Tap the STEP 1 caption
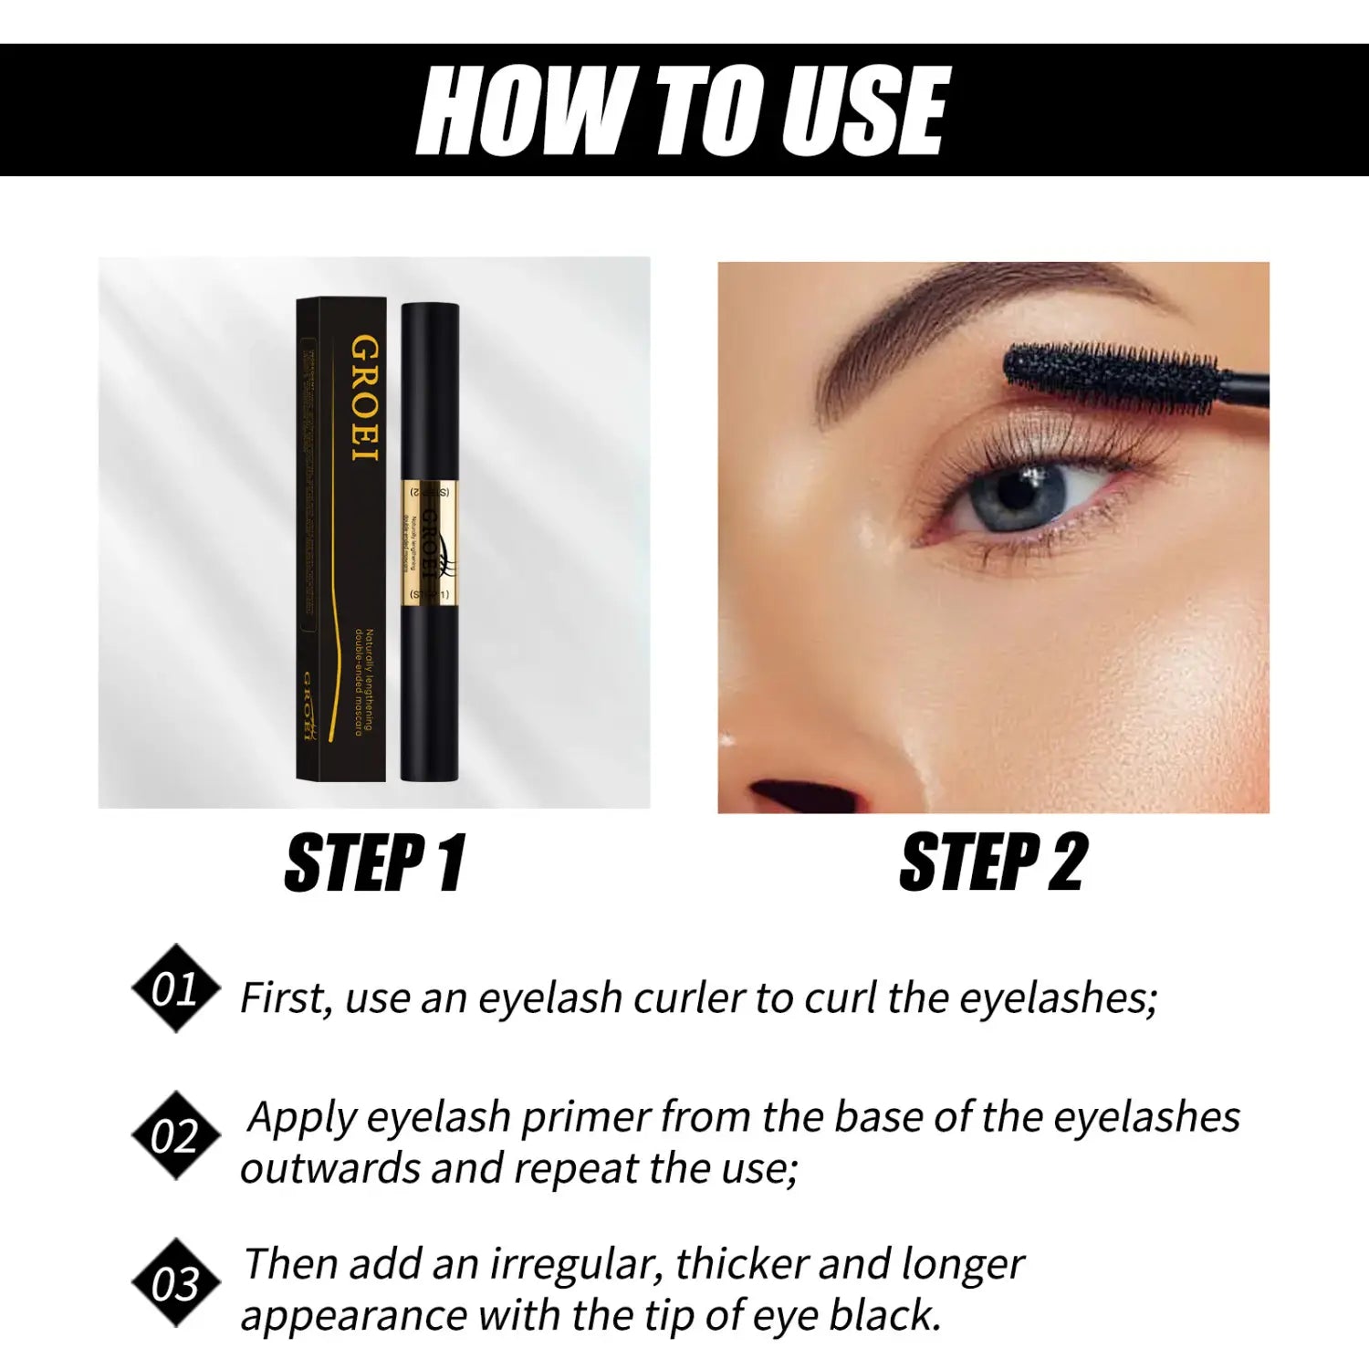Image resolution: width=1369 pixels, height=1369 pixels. (x=375, y=862)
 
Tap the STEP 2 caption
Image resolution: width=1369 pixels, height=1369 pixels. (x=993, y=862)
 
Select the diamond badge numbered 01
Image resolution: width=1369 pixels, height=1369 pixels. (x=175, y=988)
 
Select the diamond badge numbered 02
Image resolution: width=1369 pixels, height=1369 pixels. (x=175, y=1136)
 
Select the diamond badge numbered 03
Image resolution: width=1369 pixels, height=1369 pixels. (x=175, y=1283)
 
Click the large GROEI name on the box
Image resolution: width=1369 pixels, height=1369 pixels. (x=365, y=399)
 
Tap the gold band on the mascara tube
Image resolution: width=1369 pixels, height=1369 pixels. (x=429, y=544)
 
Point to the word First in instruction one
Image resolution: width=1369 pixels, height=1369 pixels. (x=285, y=998)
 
